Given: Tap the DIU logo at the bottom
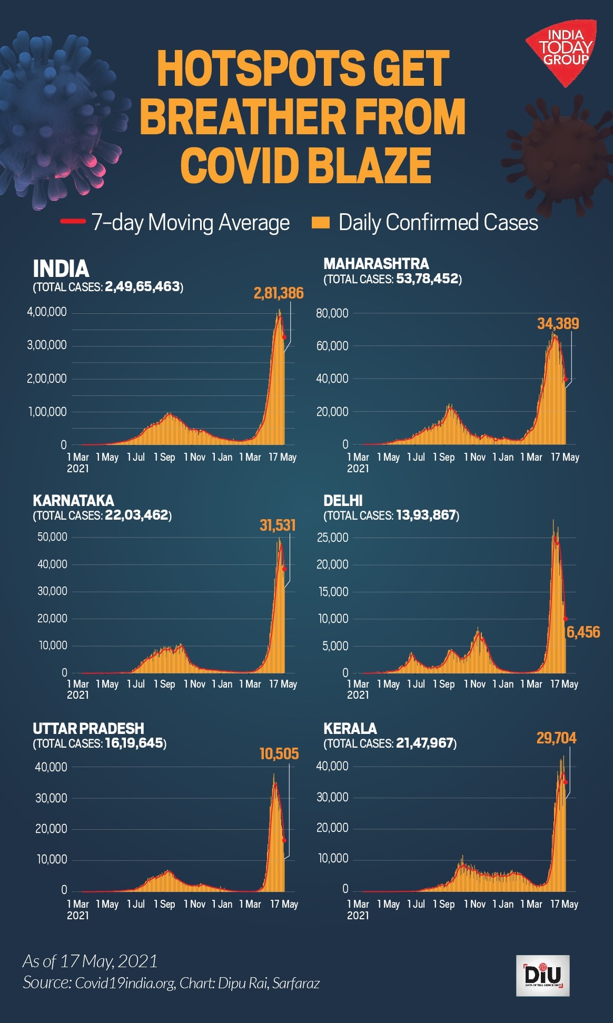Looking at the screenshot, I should (x=542, y=975).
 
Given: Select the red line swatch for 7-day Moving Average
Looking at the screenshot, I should (x=73, y=222).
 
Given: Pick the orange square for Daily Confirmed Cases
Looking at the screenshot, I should (x=320, y=222).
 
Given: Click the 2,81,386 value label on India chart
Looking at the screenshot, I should (x=279, y=293).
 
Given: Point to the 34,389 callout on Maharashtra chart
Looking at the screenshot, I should (x=558, y=324).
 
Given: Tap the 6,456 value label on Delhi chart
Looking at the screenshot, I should (x=583, y=632).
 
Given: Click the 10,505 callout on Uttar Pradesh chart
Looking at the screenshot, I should (x=279, y=754).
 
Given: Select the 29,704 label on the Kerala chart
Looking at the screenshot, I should (x=556, y=738).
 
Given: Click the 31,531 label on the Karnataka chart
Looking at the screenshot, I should (x=278, y=525).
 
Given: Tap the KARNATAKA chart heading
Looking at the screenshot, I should (x=73, y=500).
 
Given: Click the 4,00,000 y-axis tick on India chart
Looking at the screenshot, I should (x=47, y=312).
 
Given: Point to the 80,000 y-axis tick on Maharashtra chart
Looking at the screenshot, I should (x=332, y=313).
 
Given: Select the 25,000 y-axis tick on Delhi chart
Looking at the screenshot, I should (x=332, y=538).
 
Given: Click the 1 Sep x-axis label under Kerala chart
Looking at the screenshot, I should (x=443, y=904).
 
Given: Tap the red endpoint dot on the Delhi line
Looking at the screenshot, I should (x=566, y=619).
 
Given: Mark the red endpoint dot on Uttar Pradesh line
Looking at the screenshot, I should (x=284, y=840).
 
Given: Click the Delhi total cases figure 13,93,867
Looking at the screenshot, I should (x=426, y=515).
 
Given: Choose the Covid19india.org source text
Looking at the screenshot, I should (x=125, y=983).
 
